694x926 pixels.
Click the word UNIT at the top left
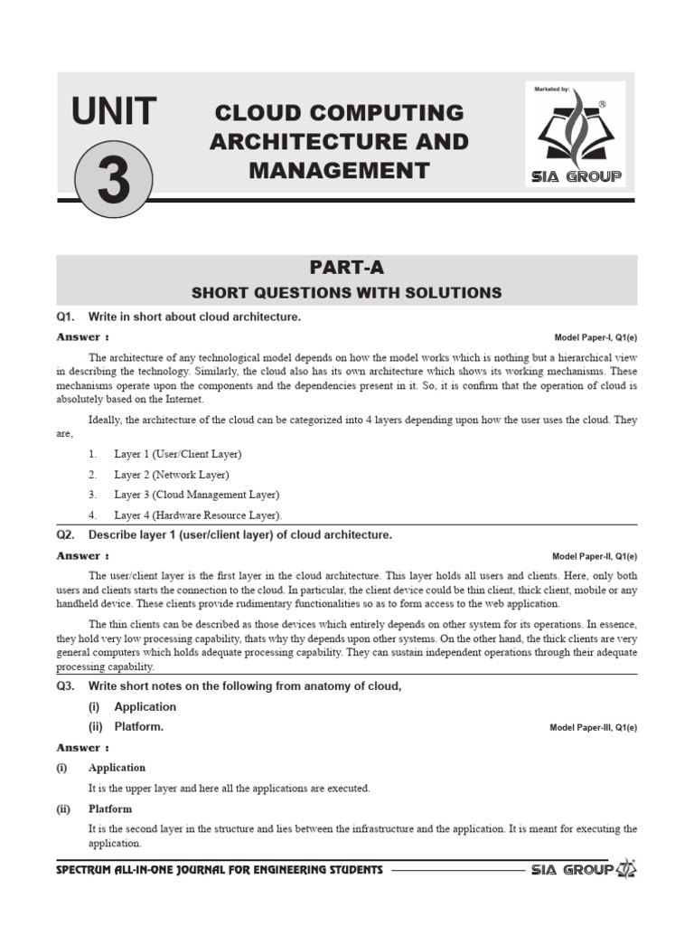click(113, 113)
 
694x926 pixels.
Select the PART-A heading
click(346, 268)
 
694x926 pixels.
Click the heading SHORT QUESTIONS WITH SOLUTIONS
click(346, 292)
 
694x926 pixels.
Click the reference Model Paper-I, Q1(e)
click(595, 337)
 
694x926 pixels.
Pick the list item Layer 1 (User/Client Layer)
click(177, 454)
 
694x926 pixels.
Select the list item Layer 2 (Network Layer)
click(171, 475)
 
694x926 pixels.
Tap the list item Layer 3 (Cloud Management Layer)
click(196, 495)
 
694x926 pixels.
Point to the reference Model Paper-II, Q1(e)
click(594, 556)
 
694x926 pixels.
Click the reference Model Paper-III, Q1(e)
click(593, 728)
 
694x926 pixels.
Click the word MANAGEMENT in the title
click(339, 169)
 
